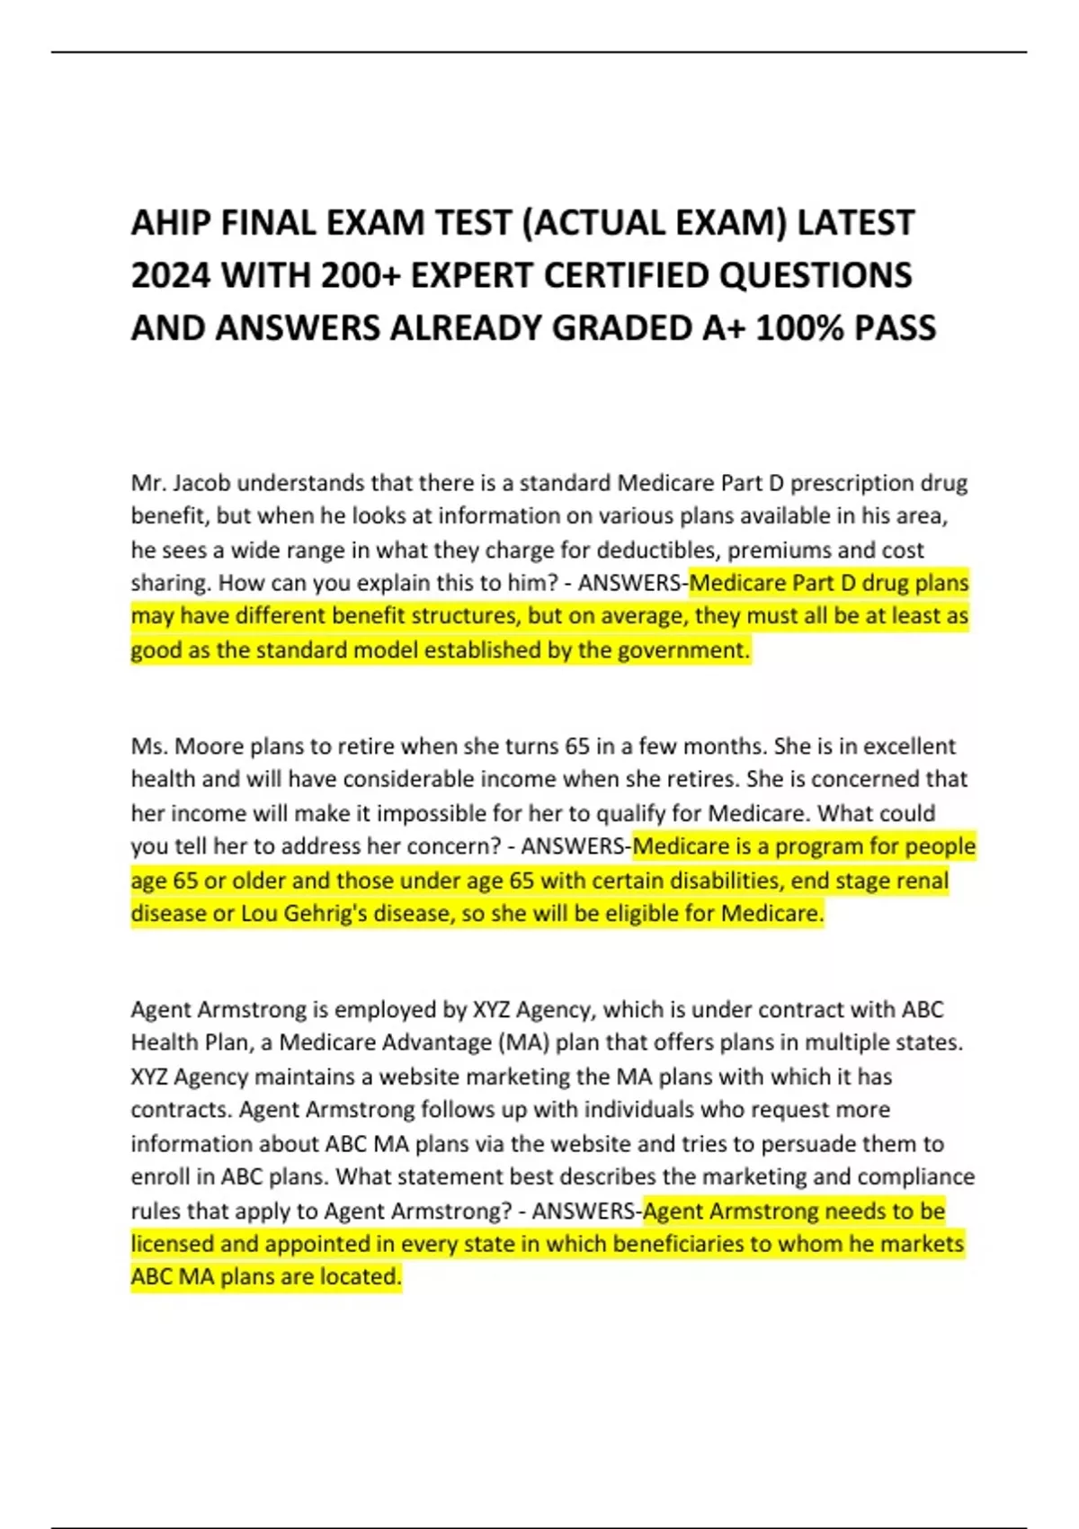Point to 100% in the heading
799,328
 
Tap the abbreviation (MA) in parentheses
522,1042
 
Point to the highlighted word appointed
290,1244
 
